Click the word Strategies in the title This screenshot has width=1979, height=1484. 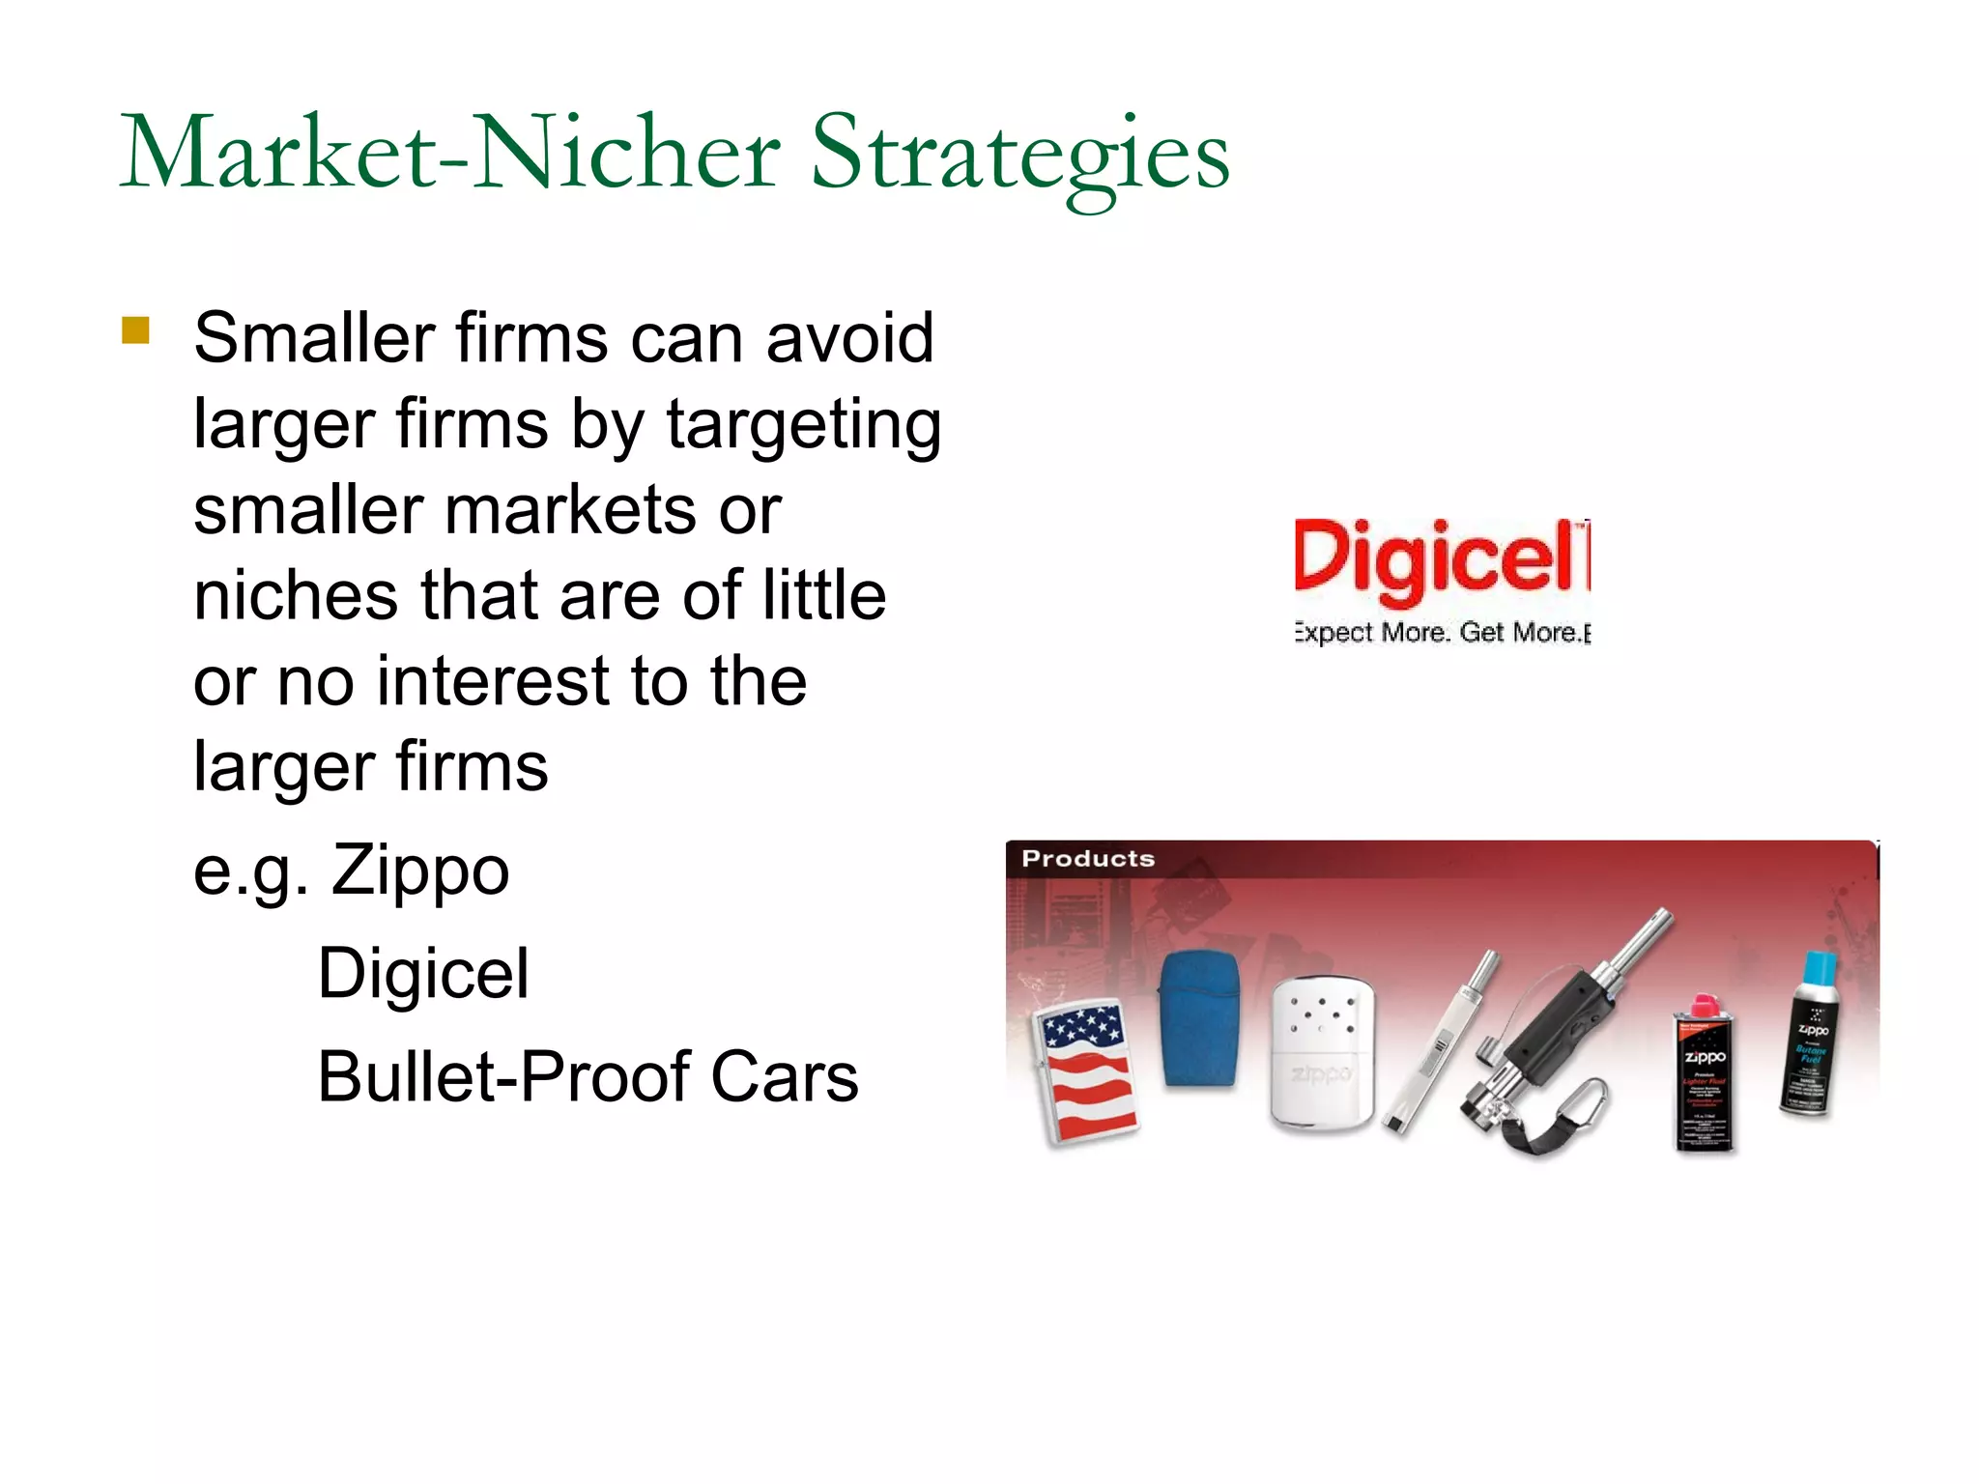pos(1019,155)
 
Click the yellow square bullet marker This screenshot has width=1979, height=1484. pos(136,330)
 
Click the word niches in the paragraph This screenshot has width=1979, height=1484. pos(296,595)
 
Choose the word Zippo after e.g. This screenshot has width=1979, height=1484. pos(420,870)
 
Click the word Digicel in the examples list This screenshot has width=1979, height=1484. pos(423,973)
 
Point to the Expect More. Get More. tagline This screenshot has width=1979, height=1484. pos(1441,633)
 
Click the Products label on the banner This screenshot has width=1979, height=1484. pos(1088,858)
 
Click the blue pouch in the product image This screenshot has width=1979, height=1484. pos(1198,1018)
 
